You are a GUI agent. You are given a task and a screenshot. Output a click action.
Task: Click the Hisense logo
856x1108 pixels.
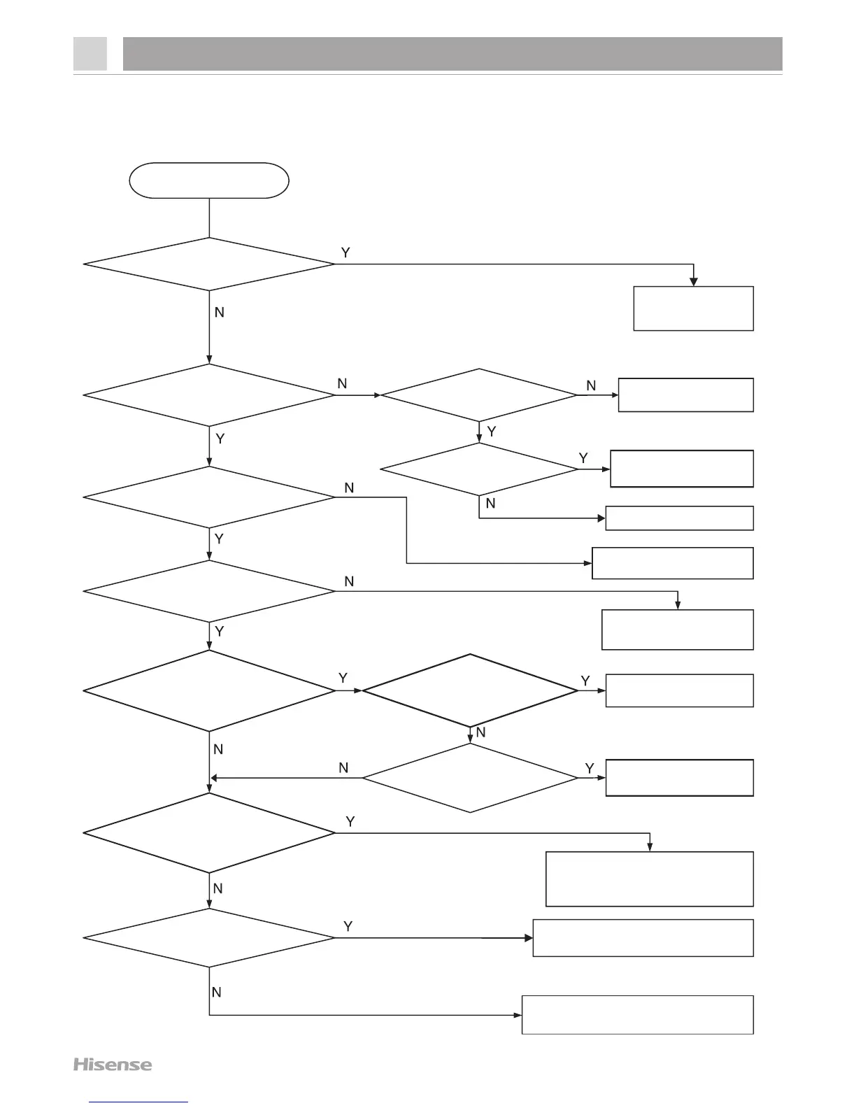point(113,1065)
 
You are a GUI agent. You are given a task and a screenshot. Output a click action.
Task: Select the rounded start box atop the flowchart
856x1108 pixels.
point(209,180)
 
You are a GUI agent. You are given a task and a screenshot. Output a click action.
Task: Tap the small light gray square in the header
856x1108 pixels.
point(90,54)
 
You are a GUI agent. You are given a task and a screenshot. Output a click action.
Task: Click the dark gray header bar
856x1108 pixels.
point(452,54)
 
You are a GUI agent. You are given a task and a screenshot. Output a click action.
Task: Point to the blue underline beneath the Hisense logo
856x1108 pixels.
point(139,1102)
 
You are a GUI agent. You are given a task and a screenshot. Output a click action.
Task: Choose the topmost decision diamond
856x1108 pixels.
point(209,264)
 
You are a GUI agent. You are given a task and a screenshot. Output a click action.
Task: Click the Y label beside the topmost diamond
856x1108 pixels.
point(345,251)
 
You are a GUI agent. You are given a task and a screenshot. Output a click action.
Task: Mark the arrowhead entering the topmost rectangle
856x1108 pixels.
point(694,281)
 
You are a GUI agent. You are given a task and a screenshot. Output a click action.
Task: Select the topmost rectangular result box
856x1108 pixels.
point(693,308)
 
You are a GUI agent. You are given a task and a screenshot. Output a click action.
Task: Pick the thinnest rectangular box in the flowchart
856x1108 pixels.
point(679,518)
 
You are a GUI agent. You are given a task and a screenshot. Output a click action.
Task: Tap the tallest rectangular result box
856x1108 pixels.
point(649,879)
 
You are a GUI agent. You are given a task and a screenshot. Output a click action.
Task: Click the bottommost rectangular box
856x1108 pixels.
point(637,1014)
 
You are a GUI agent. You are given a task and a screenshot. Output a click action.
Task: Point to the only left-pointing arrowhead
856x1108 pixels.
point(215,777)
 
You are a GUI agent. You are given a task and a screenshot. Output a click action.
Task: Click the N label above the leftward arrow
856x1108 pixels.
point(343,768)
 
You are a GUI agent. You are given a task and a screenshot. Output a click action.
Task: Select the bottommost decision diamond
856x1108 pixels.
point(209,938)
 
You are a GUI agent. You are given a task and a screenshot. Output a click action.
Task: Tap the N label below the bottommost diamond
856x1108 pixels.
point(217,992)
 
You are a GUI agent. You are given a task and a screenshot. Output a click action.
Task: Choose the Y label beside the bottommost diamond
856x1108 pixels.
point(348,926)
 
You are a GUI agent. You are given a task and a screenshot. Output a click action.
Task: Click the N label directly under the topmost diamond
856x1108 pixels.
point(219,313)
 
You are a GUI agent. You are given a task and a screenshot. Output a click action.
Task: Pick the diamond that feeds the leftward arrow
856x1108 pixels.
point(470,777)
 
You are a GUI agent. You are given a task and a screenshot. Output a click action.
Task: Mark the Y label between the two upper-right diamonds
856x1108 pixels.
point(492,432)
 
